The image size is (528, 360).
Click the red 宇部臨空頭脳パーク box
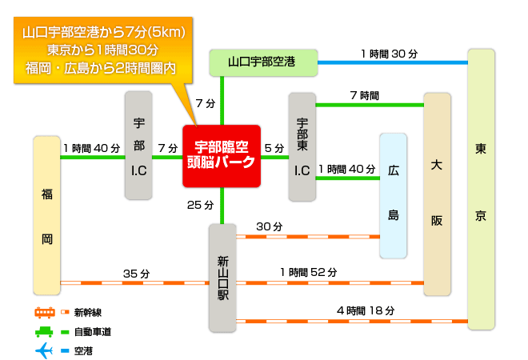coord(222,156)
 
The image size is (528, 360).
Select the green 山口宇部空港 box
coord(263,62)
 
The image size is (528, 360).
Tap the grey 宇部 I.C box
coord(138,146)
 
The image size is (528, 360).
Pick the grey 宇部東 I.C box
coord(302,147)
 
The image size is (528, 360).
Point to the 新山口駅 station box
coord(222,278)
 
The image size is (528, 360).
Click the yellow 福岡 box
coord(47,215)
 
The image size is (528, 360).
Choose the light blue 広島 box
coord(394,196)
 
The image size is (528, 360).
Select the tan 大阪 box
coord(437,194)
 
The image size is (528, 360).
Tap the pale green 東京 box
coord(481,190)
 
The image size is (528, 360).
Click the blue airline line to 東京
coord(393,62)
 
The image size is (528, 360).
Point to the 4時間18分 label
coord(366,310)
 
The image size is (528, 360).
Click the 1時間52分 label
coord(309,272)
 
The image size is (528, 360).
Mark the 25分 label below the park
coord(200,205)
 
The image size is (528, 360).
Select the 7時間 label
coord(364,96)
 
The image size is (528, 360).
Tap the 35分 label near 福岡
coord(136,274)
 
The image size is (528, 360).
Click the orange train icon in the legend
coord(45,313)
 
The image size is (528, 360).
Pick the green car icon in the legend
coord(44,332)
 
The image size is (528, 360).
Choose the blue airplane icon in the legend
coord(44,351)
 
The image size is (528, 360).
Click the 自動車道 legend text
coord(93,332)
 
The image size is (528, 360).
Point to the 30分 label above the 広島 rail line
coord(270,226)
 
